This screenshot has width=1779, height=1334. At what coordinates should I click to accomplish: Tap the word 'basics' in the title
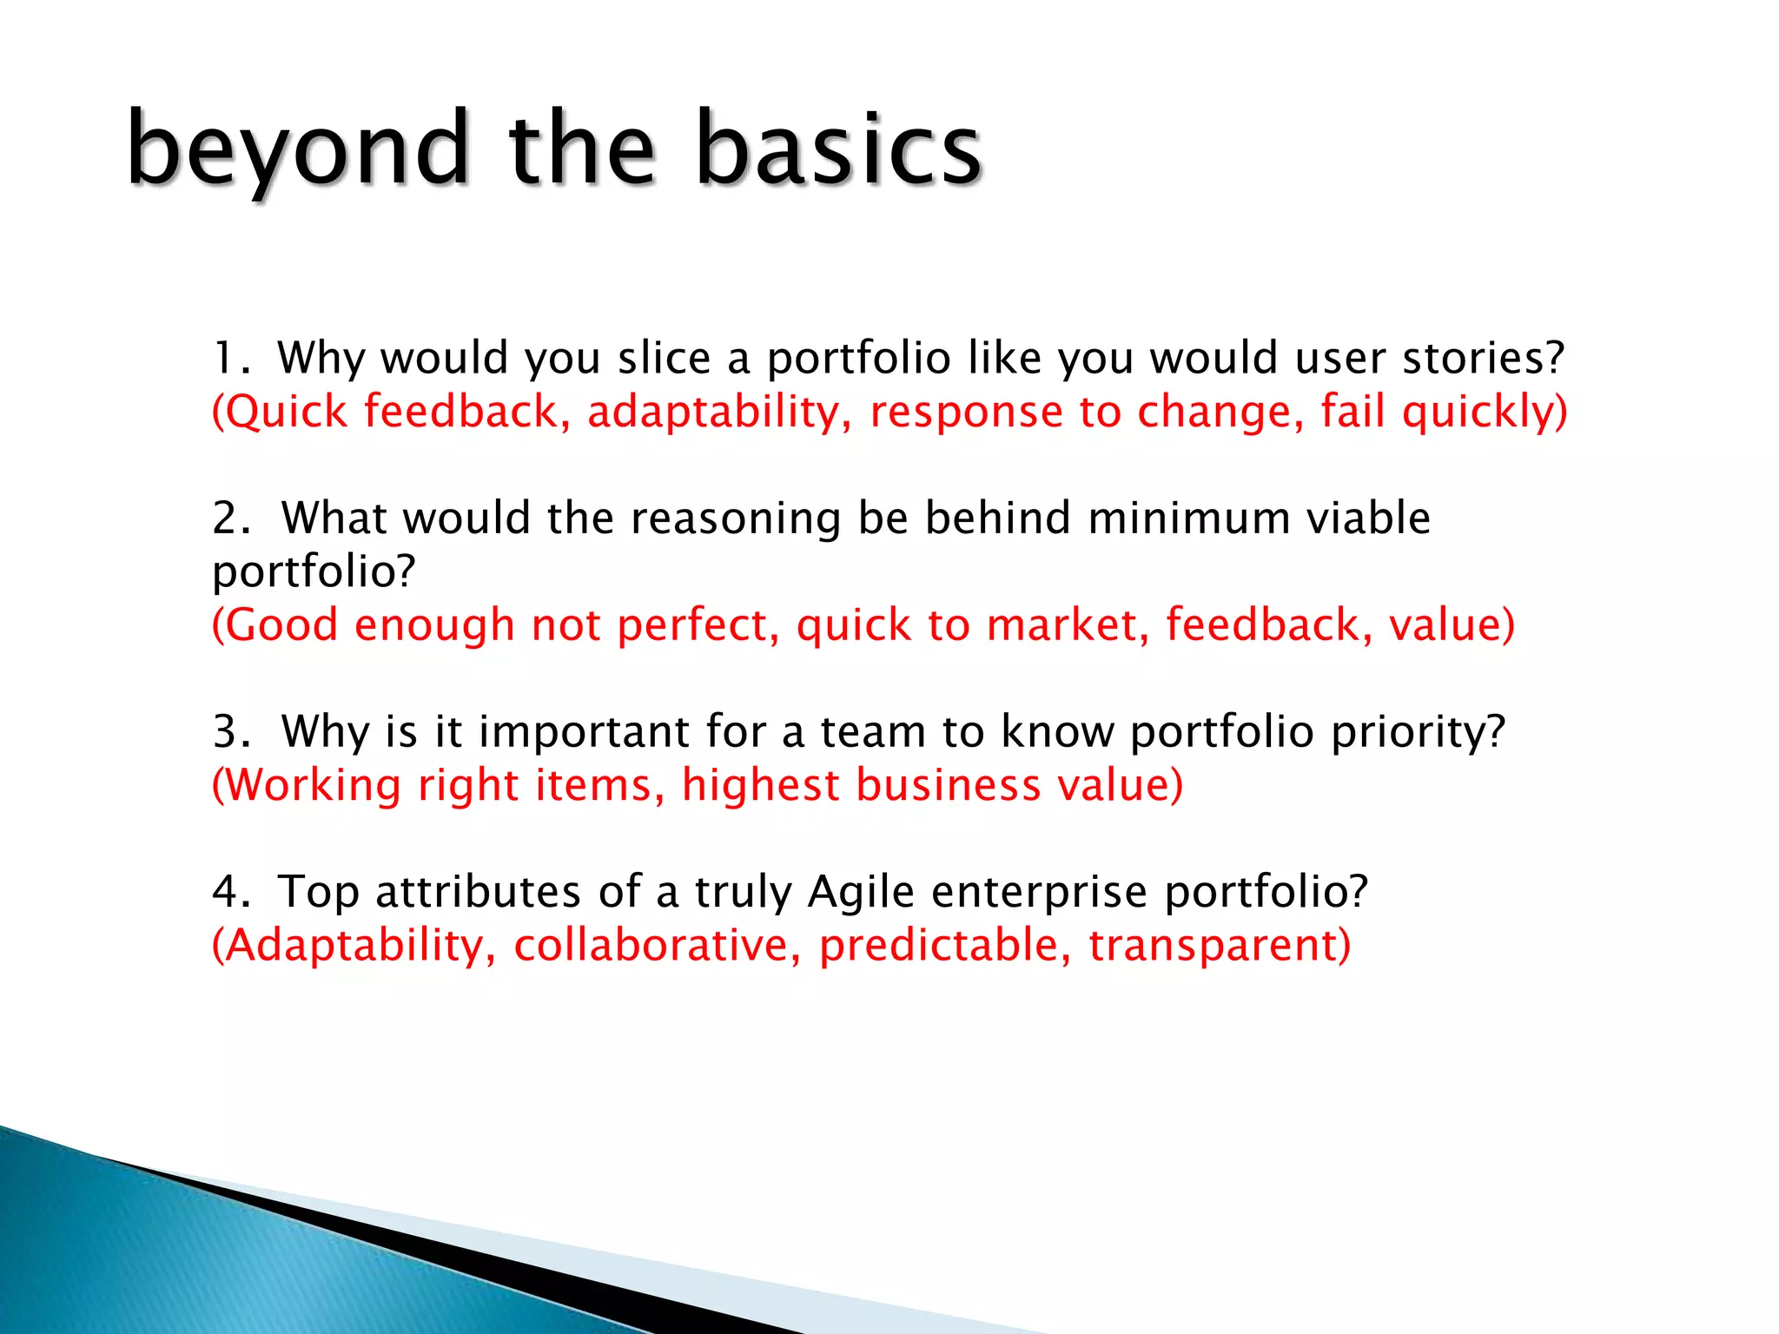click(x=838, y=149)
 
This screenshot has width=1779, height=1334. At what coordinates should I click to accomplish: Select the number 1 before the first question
click(x=225, y=358)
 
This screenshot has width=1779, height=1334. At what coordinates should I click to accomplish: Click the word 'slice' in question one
click(x=665, y=358)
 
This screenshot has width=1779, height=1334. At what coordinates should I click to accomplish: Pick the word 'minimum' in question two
click(x=1189, y=518)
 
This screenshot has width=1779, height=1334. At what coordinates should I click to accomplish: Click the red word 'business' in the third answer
click(x=948, y=785)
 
